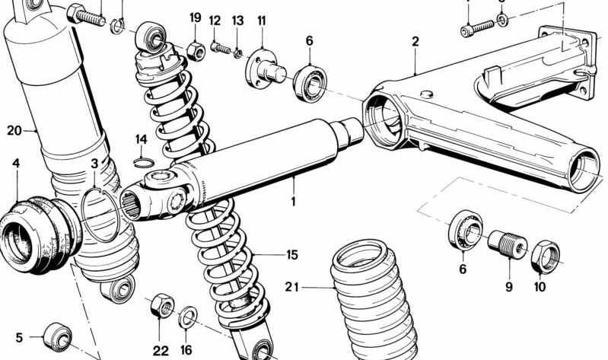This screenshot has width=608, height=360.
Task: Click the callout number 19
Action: [196, 18]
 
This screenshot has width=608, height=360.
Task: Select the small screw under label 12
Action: [221, 48]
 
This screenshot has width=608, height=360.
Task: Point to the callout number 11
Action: [261, 21]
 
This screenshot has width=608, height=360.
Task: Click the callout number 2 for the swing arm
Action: [415, 42]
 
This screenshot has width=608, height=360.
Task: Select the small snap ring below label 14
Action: [142, 161]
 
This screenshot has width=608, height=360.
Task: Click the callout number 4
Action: [15, 163]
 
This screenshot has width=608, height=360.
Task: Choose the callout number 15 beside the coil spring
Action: [291, 255]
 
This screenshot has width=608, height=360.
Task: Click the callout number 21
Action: [293, 287]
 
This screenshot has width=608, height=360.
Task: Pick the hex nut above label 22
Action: [161, 307]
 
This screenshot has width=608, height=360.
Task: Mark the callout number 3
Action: [94, 164]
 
